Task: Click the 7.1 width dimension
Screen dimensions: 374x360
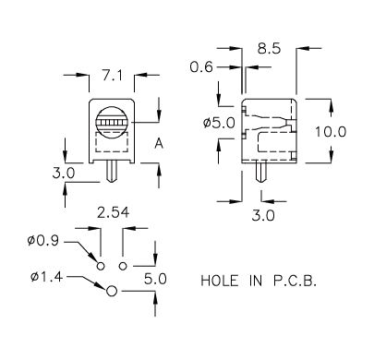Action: click(x=113, y=75)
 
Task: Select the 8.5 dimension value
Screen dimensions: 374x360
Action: click(x=269, y=48)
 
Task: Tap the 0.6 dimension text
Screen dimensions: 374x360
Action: click(x=201, y=66)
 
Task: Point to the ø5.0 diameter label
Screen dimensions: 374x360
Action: click(x=219, y=124)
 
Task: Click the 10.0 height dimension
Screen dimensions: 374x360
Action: click(x=331, y=132)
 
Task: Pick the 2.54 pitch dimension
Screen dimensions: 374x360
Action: click(x=113, y=212)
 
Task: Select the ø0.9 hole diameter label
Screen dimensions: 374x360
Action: click(x=42, y=240)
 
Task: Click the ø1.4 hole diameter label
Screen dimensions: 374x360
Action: click(x=46, y=277)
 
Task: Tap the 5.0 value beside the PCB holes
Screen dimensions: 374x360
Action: click(x=155, y=279)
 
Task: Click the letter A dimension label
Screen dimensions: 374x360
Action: click(x=159, y=144)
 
